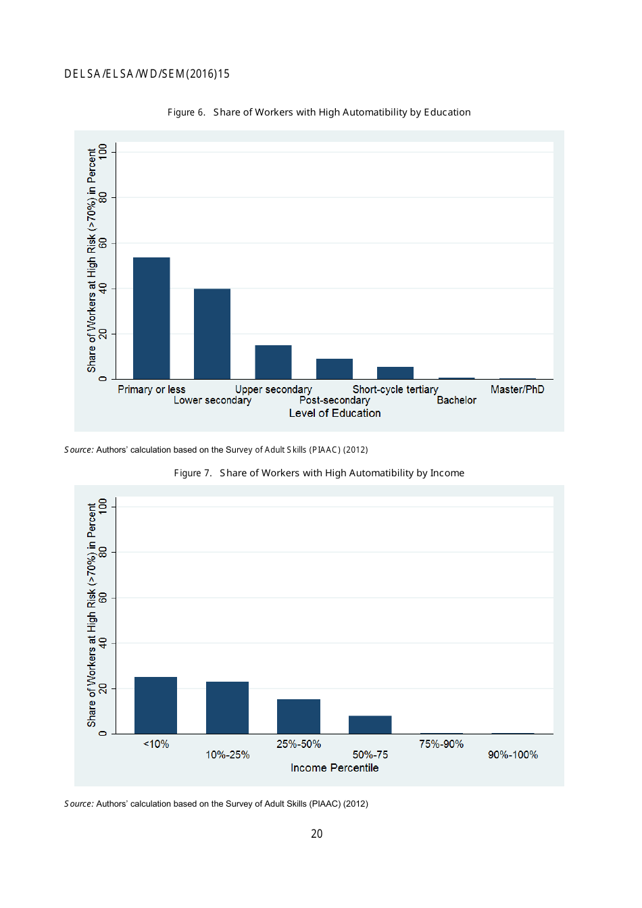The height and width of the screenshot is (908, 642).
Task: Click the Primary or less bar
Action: (151, 318)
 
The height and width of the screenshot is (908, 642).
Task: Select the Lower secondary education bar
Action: (212, 334)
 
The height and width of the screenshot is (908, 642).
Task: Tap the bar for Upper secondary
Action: (273, 362)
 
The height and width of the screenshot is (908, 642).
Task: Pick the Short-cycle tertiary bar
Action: (395, 373)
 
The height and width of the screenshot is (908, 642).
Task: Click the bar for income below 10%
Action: (155, 705)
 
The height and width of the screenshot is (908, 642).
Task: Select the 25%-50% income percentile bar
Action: (299, 716)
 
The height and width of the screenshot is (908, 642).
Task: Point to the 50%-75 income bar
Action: (370, 724)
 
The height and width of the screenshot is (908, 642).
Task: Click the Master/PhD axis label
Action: (517, 390)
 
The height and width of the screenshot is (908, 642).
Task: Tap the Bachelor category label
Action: (456, 401)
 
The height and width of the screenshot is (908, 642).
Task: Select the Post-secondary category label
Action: (335, 401)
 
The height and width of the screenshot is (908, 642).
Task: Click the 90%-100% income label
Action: (513, 755)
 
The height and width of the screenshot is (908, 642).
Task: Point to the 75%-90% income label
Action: (441, 745)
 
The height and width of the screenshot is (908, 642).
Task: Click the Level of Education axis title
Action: (335, 413)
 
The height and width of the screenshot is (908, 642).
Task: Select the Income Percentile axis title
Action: (335, 768)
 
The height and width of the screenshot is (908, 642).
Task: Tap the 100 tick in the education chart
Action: (103, 151)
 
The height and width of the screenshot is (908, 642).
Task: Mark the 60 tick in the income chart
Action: (103, 598)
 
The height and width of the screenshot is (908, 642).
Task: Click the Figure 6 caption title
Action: (319, 112)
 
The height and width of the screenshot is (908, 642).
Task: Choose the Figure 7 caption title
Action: (319, 473)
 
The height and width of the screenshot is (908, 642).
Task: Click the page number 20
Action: (317, 834)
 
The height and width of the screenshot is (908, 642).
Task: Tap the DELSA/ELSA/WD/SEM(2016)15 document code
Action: (147, 74)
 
